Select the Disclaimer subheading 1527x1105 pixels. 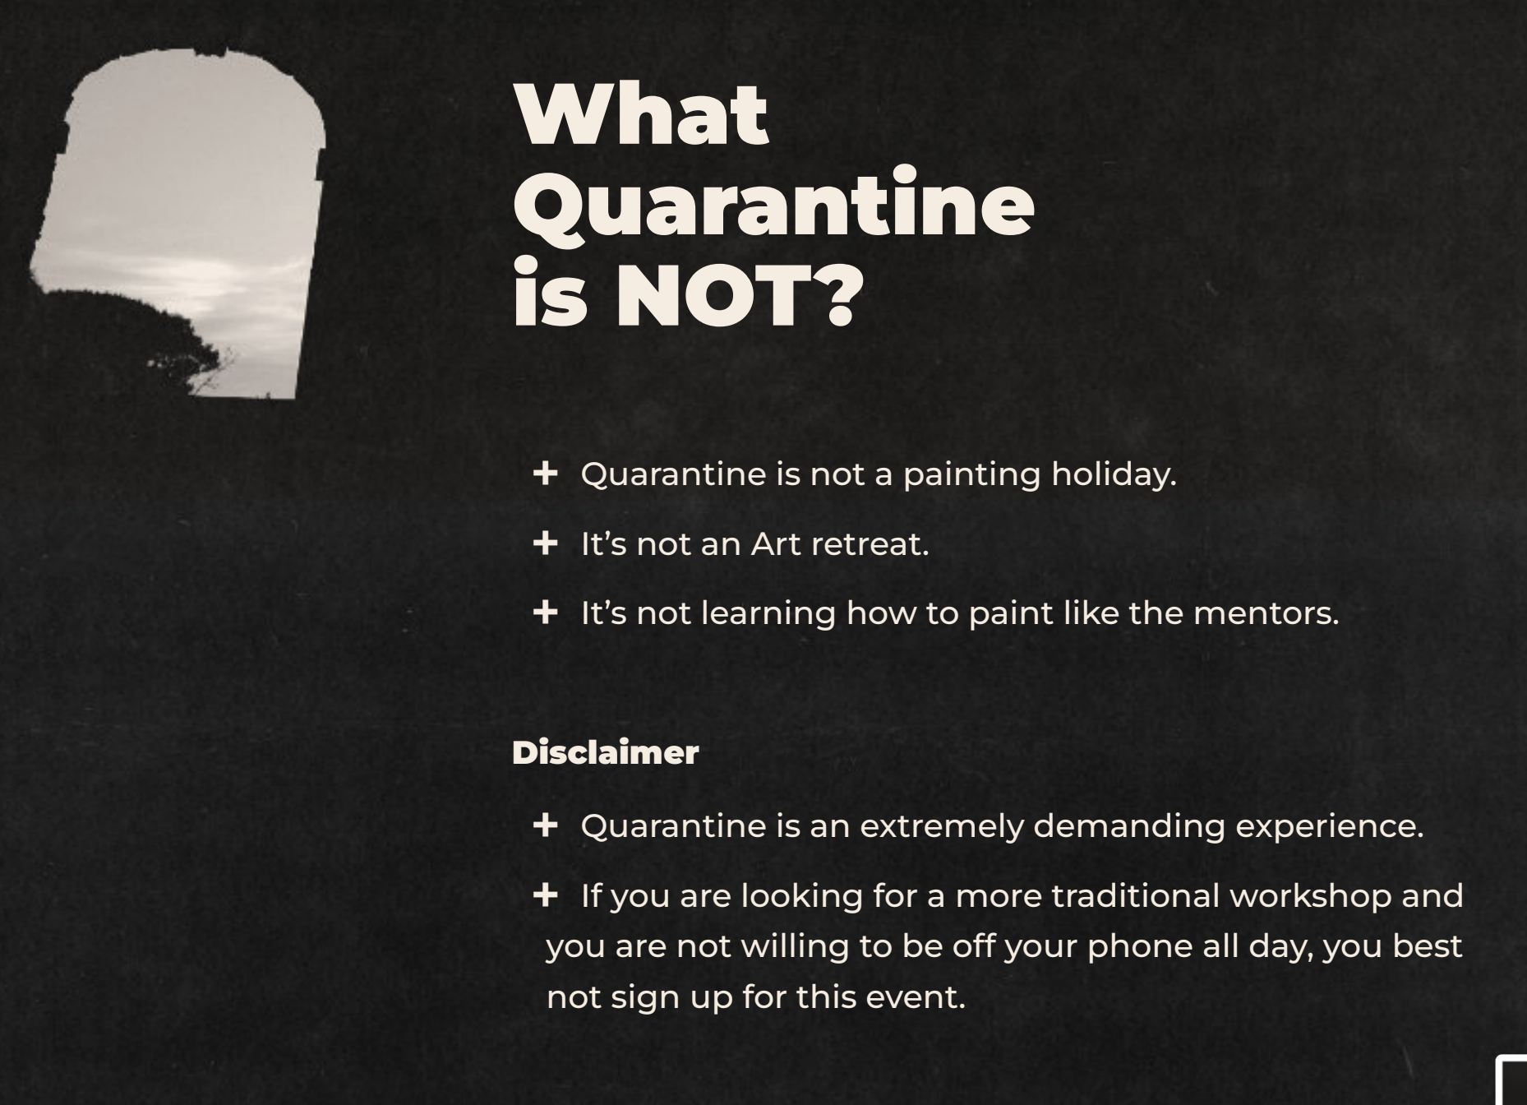605,752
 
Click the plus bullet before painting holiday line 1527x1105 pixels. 545,473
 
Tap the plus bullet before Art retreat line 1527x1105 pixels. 545,543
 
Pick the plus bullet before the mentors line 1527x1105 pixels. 545,612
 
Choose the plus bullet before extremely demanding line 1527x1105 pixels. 545,825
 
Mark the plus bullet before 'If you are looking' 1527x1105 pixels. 545,895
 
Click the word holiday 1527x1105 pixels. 1114,474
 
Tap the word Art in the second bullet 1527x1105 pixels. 776,543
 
